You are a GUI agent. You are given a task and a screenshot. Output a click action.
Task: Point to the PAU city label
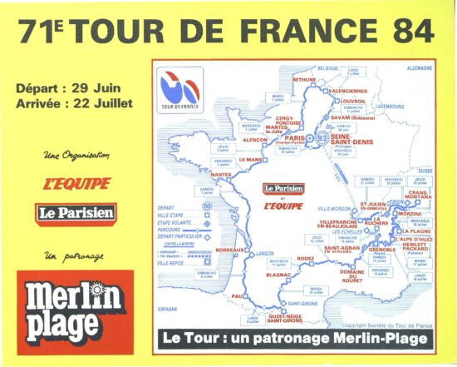[236, 295]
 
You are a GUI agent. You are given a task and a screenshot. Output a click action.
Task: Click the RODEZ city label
[307, 257]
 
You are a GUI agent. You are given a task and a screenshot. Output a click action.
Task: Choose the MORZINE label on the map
[410, 214]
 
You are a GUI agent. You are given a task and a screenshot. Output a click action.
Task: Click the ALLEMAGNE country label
[420, 68]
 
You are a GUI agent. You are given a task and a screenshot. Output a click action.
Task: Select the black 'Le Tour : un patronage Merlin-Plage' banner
[295, 338]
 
